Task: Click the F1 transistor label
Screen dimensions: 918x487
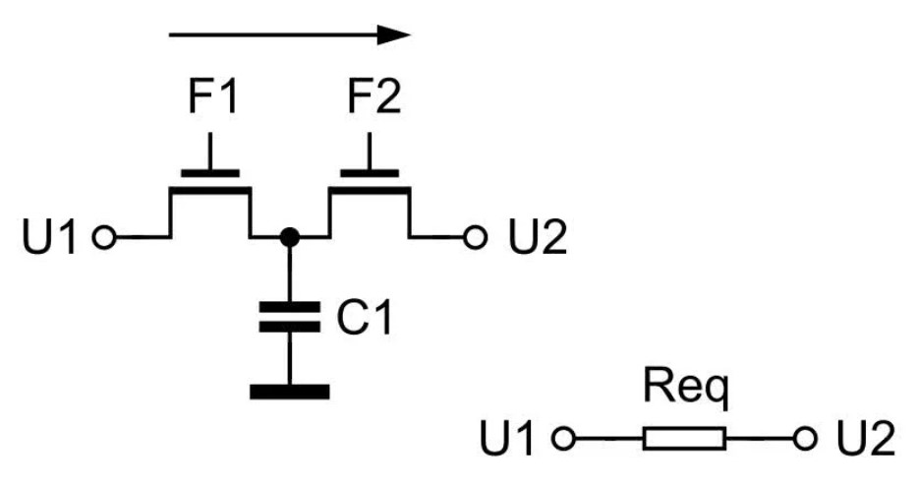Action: (x=213, y=97)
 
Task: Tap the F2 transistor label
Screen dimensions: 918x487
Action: (x=374, y=97)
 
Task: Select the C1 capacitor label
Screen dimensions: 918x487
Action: (x=365, y=318)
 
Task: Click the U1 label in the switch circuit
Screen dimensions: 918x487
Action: (x=49, y=237)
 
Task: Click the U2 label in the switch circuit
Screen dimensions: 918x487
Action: (x=538, y=237)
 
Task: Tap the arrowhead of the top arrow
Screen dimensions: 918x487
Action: (x=394, y=34)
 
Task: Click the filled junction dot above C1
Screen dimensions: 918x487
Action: (x=289, y=237)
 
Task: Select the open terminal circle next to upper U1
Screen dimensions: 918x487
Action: (x=104, y=238)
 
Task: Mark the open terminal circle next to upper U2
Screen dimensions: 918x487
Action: (x=475, y=238)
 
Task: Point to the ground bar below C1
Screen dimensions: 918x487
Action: (x=289, y=392)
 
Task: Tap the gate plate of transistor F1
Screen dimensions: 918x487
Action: (x=210, y=173)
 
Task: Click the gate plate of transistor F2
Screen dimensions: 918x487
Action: (x=370, y=173)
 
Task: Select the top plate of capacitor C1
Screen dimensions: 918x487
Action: (x=289, y=307)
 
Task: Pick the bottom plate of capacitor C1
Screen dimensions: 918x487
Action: (x=289, y=327)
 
